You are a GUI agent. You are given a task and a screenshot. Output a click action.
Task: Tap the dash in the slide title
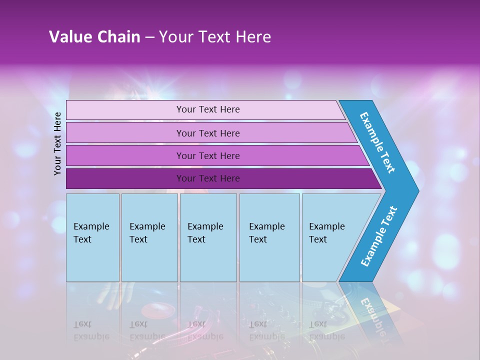tap(149, 37)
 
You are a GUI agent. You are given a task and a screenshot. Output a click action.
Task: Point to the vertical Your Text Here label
tap(57, 143)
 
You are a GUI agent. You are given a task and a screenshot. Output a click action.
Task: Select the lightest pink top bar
tap(205, 109)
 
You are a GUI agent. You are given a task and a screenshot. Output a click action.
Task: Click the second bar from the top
tap(210, 133)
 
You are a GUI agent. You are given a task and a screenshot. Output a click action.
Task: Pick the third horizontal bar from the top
tap(215, 155)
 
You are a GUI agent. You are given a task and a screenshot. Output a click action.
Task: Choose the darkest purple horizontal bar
tap(220, 178)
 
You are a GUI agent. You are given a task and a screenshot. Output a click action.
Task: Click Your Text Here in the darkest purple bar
tap(208, 178)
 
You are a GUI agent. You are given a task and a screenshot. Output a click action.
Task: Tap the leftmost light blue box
tap(92, 237)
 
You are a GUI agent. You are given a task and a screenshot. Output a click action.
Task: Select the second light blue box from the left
tap(149, 237)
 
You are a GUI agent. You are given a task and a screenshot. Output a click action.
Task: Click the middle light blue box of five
tap(208, 237)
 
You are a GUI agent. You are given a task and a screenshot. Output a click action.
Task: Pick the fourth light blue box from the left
tap(269, 237)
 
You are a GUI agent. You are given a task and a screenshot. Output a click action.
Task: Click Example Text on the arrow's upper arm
tap(377, 142)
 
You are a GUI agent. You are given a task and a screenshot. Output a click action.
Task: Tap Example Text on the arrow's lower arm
tap(378, 236)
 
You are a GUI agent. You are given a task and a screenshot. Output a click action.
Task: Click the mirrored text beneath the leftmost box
tap(91, 330)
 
